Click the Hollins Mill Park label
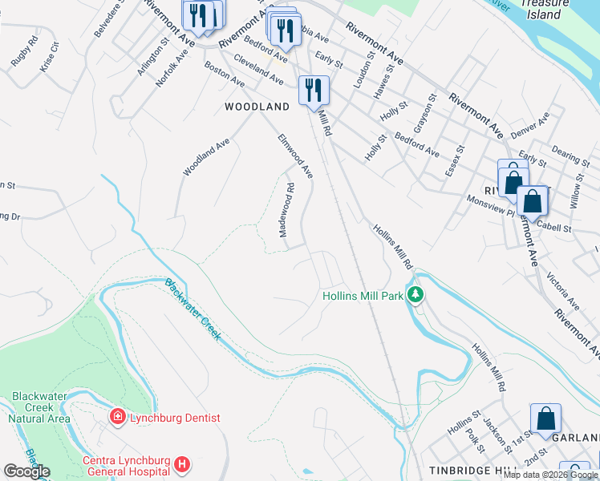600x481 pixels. (362, 296)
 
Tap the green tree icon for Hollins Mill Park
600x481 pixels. (415, 296)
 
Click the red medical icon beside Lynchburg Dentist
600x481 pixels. (117, 418)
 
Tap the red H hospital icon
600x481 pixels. (183, 464)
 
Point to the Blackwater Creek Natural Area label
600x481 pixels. (40, 407)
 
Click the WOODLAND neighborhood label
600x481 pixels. (257, 106)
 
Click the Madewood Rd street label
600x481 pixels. (286, 210)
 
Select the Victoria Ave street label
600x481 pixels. (562, 292)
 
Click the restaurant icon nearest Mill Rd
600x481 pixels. (313, 90)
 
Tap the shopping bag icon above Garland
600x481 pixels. (545, 420)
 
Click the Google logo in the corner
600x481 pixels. (27, 471)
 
